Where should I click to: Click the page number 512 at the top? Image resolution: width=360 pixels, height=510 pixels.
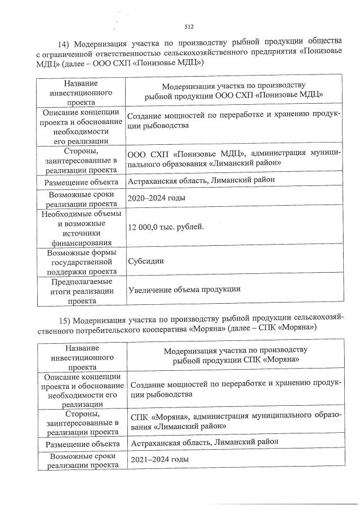point(189,26)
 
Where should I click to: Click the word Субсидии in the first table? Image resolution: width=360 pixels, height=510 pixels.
point(145,261)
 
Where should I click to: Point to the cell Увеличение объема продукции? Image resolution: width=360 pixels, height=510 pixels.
point(184,289)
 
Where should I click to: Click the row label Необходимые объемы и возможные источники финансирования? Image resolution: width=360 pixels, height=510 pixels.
point(81,227)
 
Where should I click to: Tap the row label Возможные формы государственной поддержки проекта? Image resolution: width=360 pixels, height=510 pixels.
point(81,261)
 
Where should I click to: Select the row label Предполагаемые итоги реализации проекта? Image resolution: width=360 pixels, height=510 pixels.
point(81,290)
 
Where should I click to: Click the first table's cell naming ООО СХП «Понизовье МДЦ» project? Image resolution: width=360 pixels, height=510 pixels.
point(233,91)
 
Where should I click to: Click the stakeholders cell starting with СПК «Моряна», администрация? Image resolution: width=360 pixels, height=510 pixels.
point(234,421)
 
